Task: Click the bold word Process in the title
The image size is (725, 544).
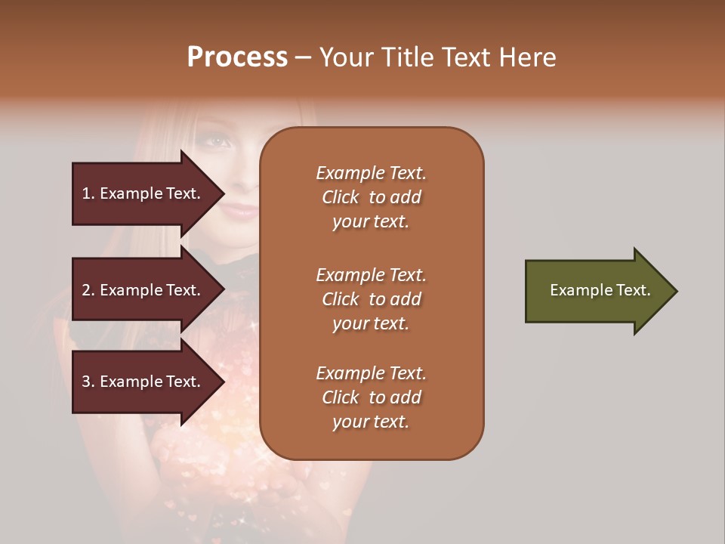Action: [x=237, y=57]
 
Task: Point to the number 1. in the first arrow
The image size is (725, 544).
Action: [x=88, y=193]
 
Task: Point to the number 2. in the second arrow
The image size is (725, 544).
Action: [x=88, y=290]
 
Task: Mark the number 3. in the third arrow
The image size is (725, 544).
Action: [x=88, y=382]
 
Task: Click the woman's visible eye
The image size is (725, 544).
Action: [x=217, y=141]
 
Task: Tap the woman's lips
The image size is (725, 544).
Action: [x=240, y=209]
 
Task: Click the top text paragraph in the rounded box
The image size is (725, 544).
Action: [x=371, y=197]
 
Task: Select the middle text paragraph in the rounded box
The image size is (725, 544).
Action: [x=371, y=299]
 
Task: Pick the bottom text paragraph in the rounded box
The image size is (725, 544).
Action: [x=371, y=397]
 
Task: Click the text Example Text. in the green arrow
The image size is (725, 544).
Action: [x=600, y=290]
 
